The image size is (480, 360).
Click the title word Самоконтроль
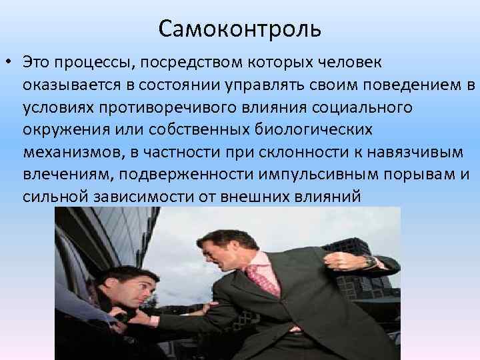[x=240, y=29]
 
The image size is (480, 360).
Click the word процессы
[x=96, y=63]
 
